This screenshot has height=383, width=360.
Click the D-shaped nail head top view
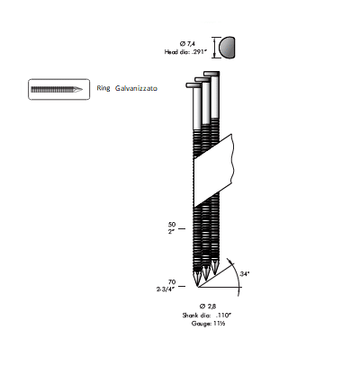[227, 48]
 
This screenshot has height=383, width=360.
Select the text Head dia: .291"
[185, 52]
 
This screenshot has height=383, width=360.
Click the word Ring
[103, 88]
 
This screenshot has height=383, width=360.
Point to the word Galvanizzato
[136, 88]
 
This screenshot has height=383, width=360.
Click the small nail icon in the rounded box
[57, 89]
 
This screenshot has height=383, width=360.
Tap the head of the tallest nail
[211, 74]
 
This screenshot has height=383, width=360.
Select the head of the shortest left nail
[193, 85]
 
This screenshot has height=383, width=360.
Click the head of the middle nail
[202, 79]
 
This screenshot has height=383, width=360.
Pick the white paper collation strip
[213, 170]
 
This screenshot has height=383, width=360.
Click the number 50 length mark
[172, 225]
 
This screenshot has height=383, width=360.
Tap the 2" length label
[171, 232]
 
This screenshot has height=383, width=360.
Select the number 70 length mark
[172, 282]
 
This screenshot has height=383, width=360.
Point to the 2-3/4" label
[166, 289]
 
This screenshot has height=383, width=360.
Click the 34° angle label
[245, 273]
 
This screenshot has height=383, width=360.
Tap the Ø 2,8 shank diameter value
[208, 306]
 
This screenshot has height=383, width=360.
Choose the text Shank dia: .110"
[207, 315]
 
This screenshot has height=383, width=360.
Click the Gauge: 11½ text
[209, 324]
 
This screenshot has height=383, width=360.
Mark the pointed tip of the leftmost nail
[198, 287]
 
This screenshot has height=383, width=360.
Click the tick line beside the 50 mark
[182, 228]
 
